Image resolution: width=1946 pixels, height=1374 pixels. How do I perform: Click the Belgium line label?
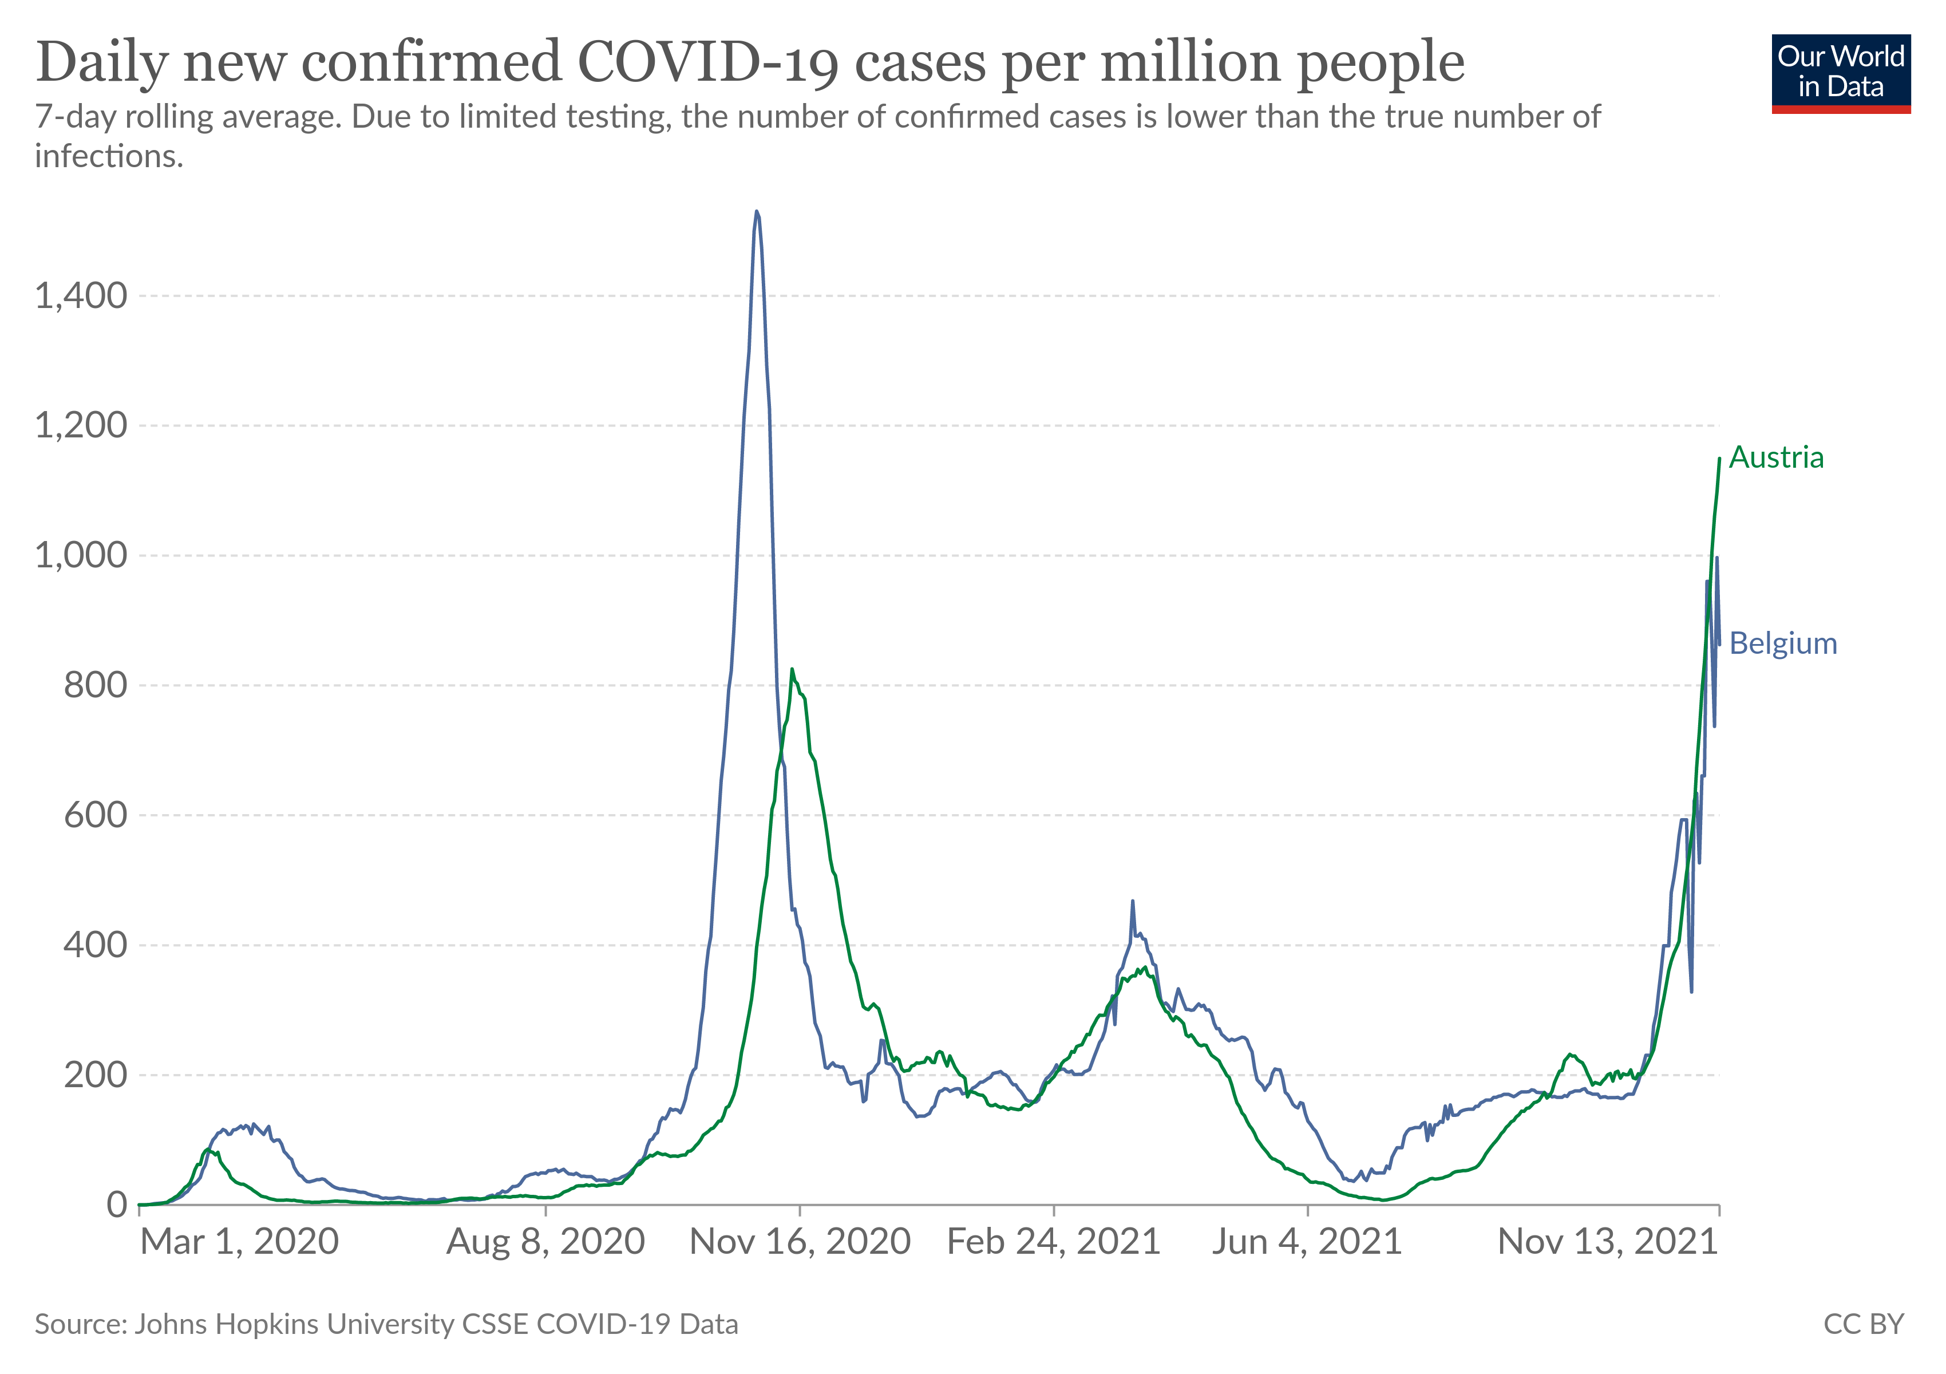(x=1782, y=643)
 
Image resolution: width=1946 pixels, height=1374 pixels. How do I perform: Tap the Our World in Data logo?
(x=1841, y=73)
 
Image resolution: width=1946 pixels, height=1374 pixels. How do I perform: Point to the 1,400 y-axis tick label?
(x=81, y=297)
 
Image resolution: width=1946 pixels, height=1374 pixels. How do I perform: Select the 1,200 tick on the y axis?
(x=81, y=425)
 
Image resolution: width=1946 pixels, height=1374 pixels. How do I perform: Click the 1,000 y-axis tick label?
(x=81, y=556)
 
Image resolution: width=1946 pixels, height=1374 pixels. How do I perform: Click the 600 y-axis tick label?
(x=95, y=815)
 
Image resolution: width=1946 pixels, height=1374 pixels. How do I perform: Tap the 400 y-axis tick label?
(x=95, y=945)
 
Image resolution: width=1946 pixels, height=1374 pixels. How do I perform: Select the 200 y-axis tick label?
(x=95, y=1075)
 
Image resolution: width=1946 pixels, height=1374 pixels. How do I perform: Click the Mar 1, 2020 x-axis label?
(x=239, y=1242)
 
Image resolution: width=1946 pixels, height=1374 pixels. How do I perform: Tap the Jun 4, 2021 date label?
(x=1306, y=1242)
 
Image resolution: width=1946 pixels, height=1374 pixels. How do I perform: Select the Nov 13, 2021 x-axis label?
(x=1607, y=1242)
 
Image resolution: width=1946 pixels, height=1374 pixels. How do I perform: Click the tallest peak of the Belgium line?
(x=756, y=212)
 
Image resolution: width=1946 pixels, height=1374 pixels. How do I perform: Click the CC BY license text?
(x=1863, y=1324)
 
